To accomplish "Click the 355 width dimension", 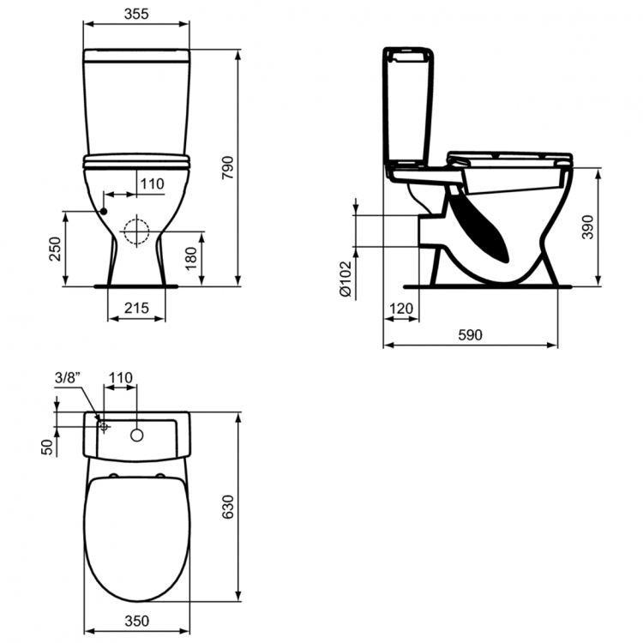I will click(x=136, y=14).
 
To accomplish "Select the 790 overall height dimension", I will click(x=227, y=168).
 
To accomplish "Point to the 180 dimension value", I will click(x=192, y=255).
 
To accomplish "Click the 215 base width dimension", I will click(x=137, y=308).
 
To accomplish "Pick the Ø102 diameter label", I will click(x=345, y=279).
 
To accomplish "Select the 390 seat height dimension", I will click(x=587, y=226).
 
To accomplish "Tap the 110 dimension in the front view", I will click(x=151, y=183).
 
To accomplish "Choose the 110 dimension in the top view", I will click(x=121, y=377).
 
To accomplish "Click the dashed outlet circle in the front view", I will click(x=135, y=231).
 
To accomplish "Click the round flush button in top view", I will click(x=136, y=436).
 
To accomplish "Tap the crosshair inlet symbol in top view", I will click(x=104, y=425).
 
